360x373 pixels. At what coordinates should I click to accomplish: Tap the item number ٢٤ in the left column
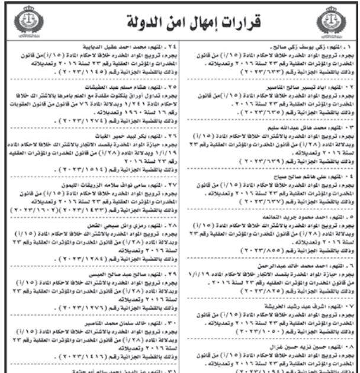(166, 45)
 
